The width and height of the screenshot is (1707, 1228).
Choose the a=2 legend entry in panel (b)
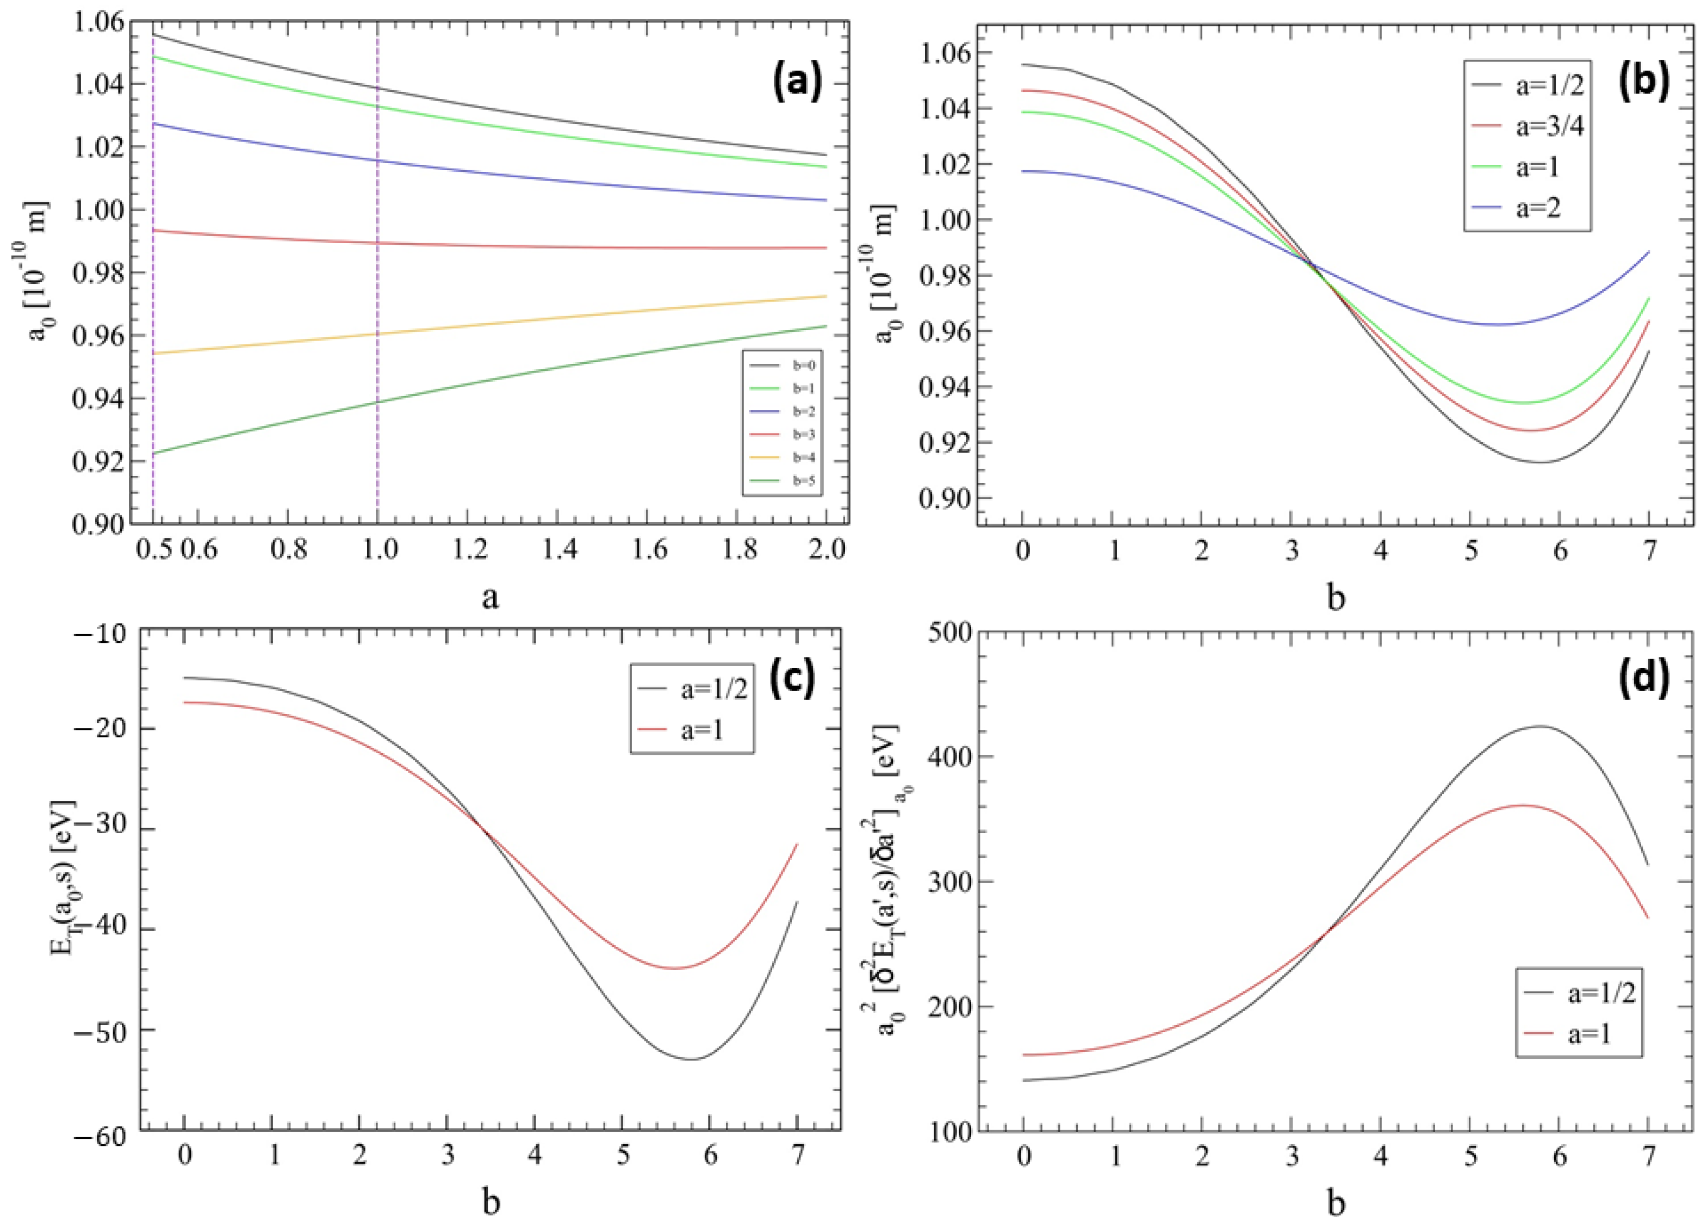click(1528, 208)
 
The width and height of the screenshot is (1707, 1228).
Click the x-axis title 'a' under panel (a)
click(489, 598)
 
